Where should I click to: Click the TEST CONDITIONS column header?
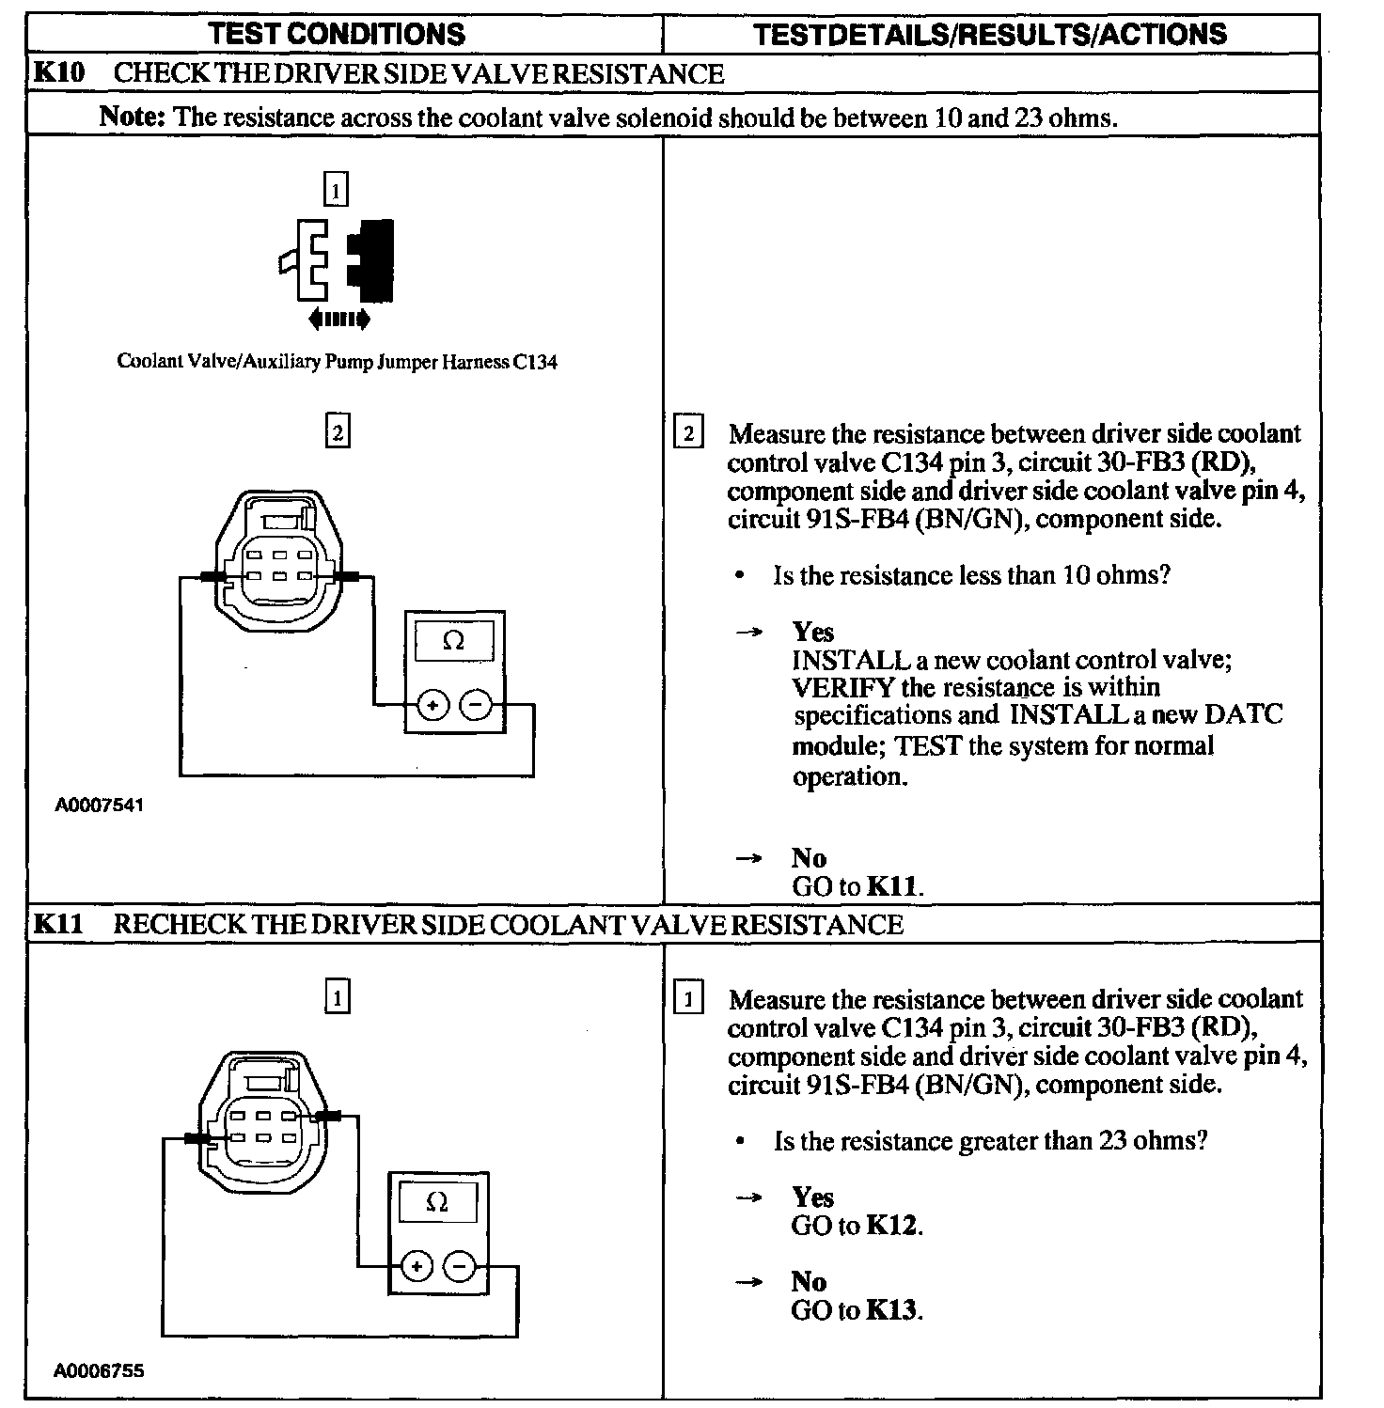[337, 35]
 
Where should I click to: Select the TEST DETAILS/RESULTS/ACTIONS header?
[990, 35]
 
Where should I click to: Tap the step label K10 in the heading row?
[59, 73]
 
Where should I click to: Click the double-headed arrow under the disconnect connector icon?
[338, 320]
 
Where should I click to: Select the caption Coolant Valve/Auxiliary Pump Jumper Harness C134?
[337, 362]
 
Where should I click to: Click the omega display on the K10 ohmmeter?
[453, 642]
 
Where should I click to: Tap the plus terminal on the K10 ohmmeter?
[432, 704]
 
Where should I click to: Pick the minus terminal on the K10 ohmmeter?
[478, 704]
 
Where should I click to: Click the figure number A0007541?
[100, 806]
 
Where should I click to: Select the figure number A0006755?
[100, 1371]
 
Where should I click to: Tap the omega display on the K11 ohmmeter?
[437, 1202]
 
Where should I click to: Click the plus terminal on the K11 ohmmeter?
[417, 1267]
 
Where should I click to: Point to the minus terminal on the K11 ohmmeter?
[460, 1267]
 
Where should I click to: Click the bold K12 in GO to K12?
[891, 1226]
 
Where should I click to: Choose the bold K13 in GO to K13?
[891, 1310]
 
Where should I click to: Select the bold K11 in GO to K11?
[892, 886]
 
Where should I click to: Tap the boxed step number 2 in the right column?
[688, 433]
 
